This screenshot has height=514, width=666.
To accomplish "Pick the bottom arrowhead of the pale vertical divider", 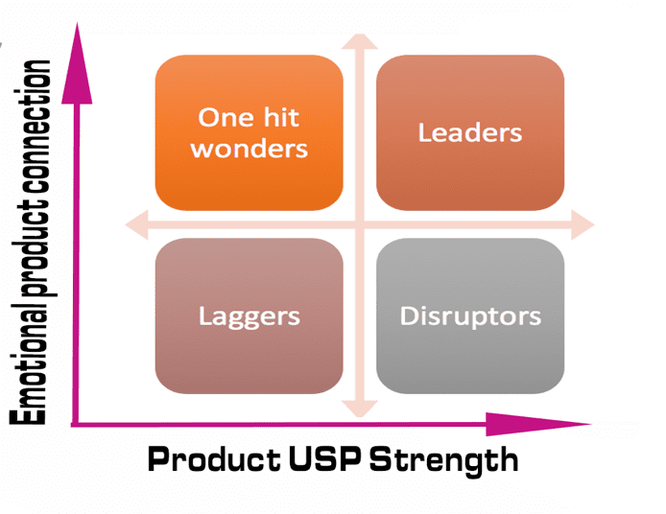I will click(360, 409).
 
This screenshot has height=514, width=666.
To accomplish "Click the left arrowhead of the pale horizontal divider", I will click(135, 225).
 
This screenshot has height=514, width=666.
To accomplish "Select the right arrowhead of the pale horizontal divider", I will click(584, 225).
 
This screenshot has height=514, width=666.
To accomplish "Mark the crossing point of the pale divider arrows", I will click(360, 225).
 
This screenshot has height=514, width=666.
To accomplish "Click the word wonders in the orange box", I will click(249, 149).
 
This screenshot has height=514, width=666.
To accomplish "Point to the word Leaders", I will click(469, 132).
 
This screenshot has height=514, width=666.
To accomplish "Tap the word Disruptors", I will click(469, 315).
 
